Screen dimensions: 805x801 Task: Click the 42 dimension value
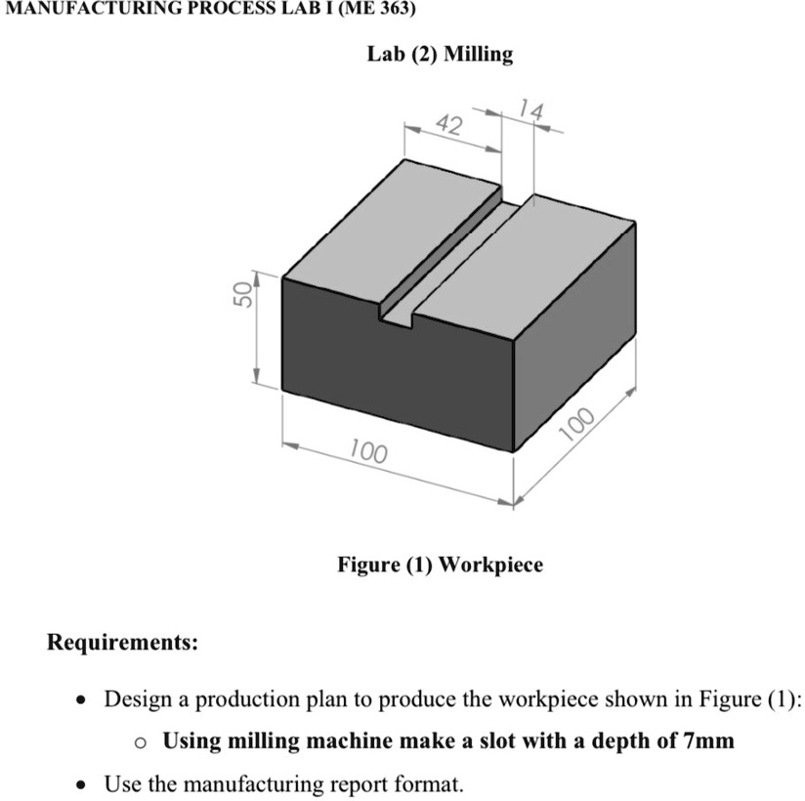[x=448, y=124]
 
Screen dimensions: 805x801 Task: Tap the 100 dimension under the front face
[x=368, y=453]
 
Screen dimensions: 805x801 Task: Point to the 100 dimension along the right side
[x=578, y=422]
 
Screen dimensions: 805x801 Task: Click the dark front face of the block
[x=391, y=381]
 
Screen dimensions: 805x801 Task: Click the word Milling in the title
[x=478, y=54]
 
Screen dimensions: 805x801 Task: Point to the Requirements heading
[x=122, y=643]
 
